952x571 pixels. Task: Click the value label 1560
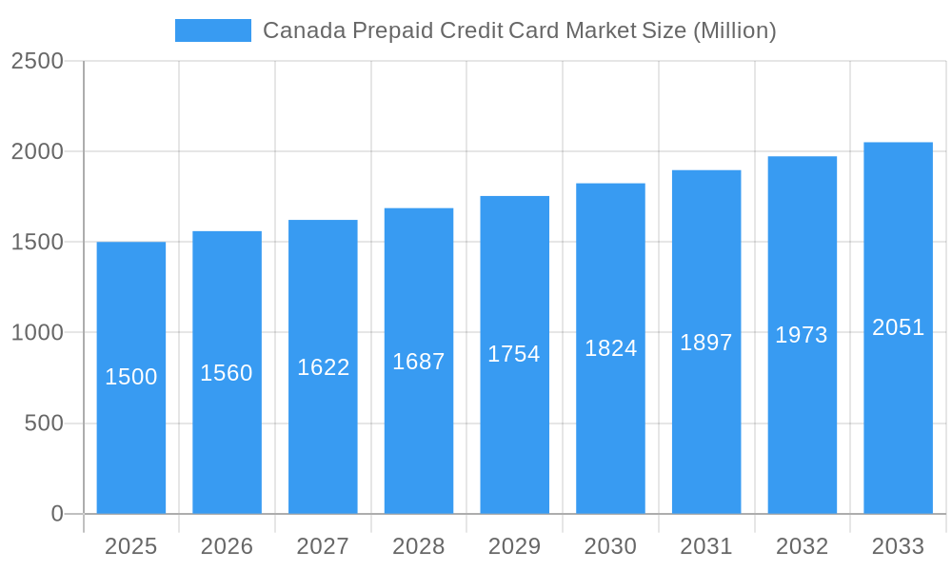click(x=227, y=373)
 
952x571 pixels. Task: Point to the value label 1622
click(x=324, y=367)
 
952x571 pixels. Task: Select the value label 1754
click(x=514, y=354)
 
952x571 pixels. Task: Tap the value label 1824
click(x=610, y=348)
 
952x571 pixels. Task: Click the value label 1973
click(x=802, y=335)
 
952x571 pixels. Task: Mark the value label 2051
click(x=898, y=327)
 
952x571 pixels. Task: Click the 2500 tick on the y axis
click(x=37, y=61)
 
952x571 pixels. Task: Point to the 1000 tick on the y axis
click(x=37, y=333)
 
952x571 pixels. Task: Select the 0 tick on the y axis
click(x=56, y=514)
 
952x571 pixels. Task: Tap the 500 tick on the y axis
click(x=44, y=423)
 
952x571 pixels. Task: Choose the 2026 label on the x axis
click(x=227, y=546)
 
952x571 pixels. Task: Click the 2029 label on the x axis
click(x=514, y=546)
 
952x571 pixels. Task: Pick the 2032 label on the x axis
click(x=802, y=546)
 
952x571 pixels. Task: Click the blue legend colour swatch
click(x=213, y=30)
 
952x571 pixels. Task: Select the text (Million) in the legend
click(x=734, y=30)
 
